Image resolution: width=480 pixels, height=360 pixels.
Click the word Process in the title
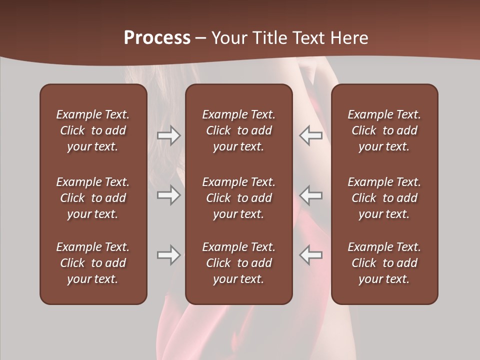tap(157, 38)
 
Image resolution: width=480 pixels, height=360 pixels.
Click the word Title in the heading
tap(269, 38)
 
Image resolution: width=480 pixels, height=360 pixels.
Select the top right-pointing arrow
tap(168, 135)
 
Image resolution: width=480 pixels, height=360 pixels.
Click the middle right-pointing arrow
tap(168, 195)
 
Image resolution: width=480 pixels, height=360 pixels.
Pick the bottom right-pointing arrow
tap(168, 255)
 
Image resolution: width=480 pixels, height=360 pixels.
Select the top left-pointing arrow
tap(310, 135)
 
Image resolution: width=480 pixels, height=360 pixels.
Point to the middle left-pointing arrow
tap(310, 195)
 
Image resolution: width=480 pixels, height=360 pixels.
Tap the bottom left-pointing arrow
tap(310, 255)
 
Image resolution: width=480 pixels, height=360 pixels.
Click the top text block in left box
tap(93, 130)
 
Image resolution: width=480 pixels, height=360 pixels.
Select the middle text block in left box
tap(93, 198)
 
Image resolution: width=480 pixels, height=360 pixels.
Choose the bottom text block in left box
tap(93, 263)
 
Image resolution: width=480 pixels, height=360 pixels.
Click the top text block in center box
tap(238, 130)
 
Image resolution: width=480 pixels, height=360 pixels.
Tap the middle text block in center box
tap(238, 198)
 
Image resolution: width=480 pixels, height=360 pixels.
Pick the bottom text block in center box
tap(238, 263)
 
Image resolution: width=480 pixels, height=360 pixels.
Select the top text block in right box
tap(384, 130)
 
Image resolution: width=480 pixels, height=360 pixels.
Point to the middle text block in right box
tap(384, 198)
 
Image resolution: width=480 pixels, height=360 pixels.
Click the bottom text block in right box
tap(384, 263)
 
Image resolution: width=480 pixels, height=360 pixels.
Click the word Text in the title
tap(308, 38)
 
